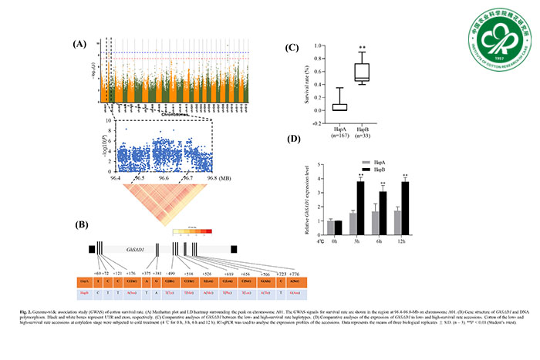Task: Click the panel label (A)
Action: point(78,44)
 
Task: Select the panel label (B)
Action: point(78,225)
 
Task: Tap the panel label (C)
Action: point(292,47)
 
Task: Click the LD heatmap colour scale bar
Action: point(192,230)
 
